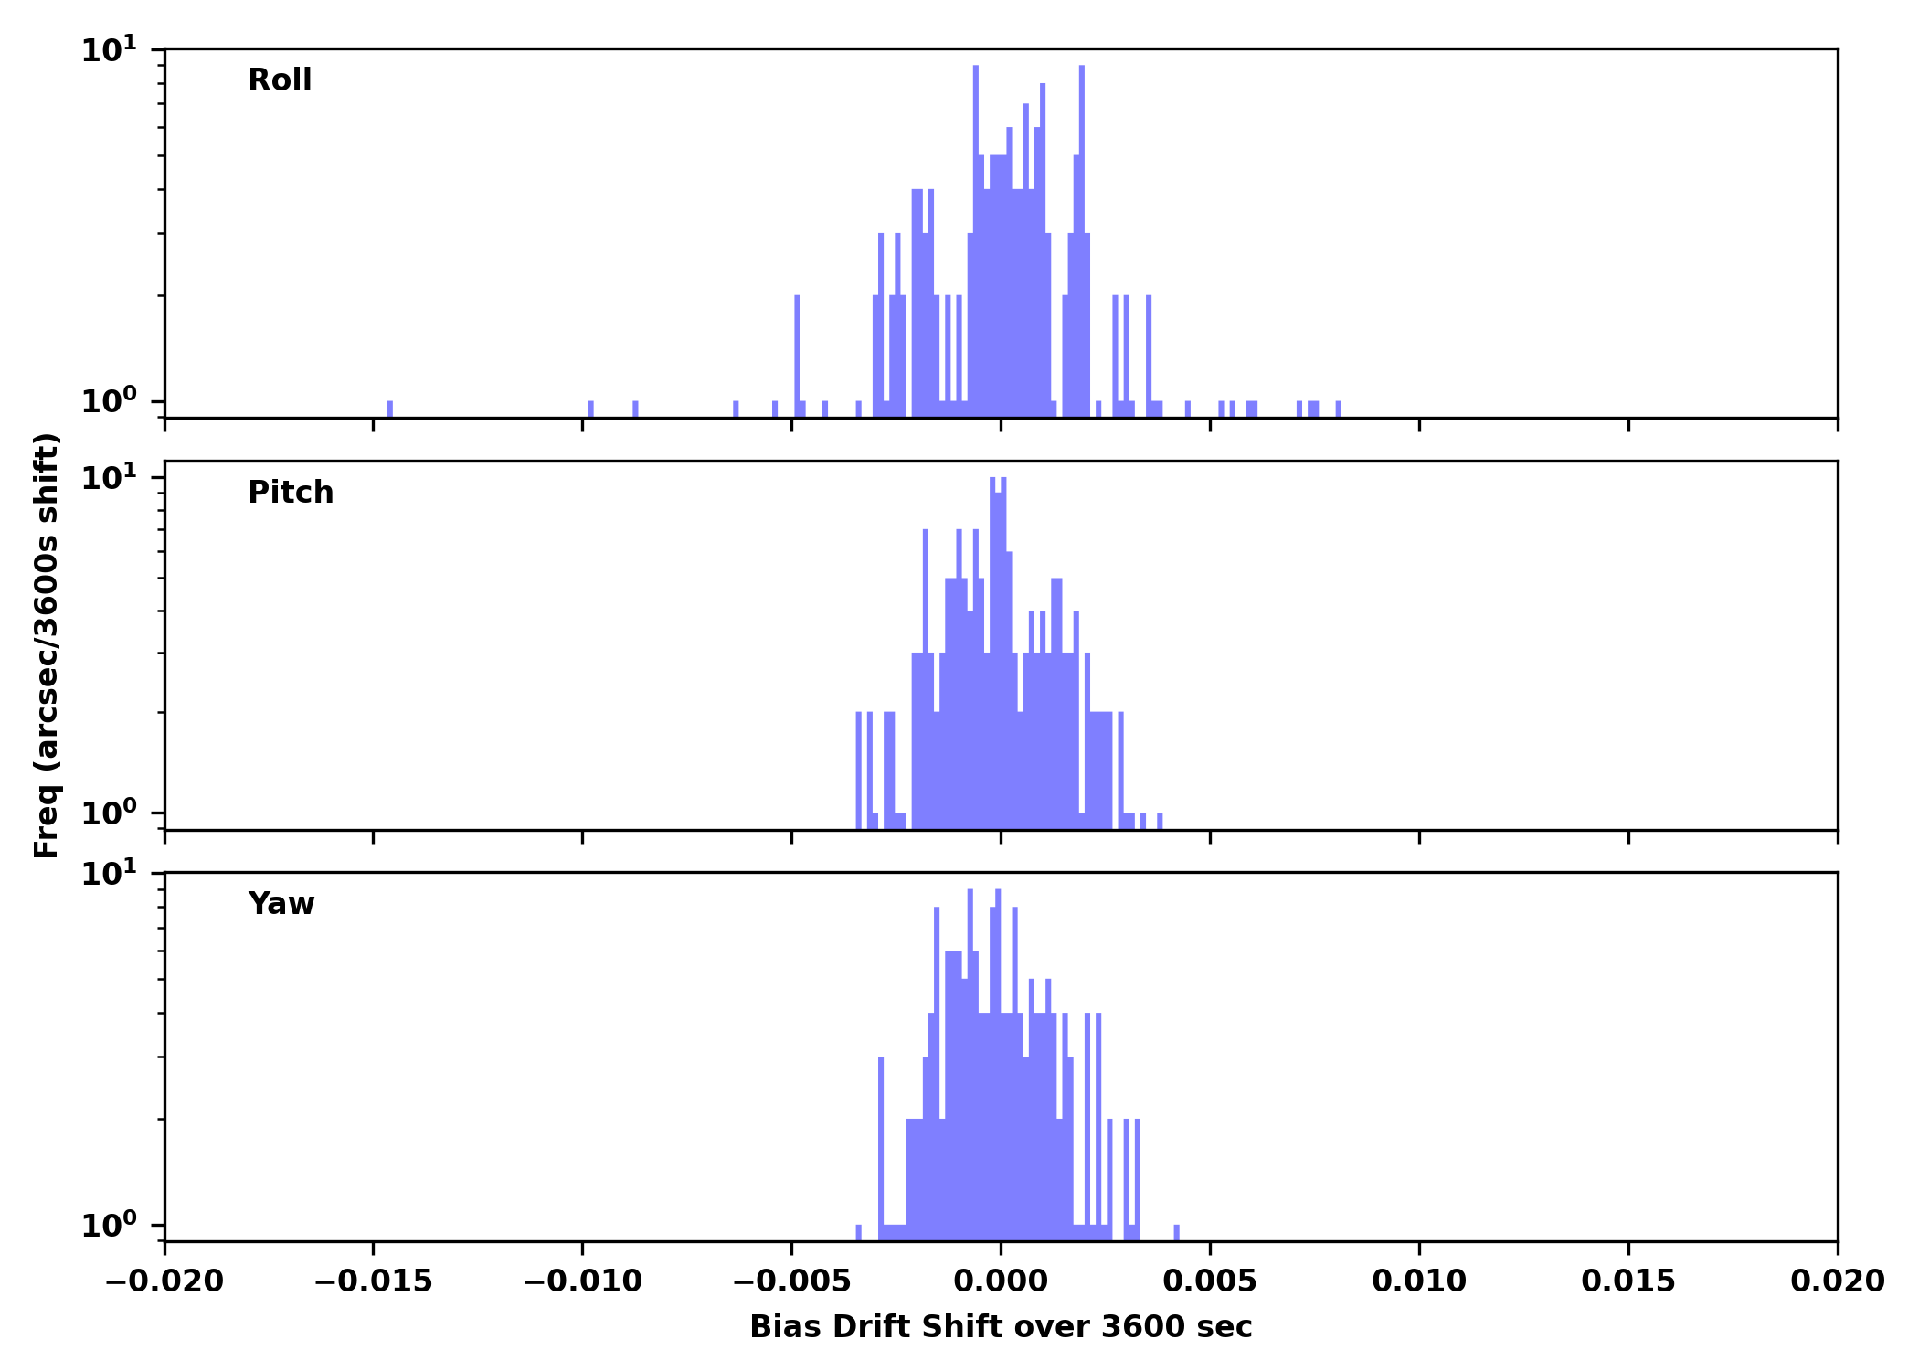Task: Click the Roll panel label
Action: coord(280,80)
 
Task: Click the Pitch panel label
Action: coord(291,493)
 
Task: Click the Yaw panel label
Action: coord(281,904)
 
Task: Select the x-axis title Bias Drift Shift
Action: coord(1001,1327)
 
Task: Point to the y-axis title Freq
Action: coord(47,645)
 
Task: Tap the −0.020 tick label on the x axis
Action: coord(164,1281)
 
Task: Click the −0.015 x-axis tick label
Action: coord(373,1281)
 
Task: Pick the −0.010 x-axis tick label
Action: coord(582,1281)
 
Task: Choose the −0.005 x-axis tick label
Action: coord(791,1281)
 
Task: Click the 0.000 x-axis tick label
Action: coord(1001,1281)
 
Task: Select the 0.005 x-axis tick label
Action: coord(1210,1281)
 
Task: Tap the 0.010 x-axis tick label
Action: coord(1419,1281)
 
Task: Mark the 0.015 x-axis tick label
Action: coord(1628,1281)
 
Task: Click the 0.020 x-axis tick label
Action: coord(1837,1281)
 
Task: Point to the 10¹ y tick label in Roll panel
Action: coord(109,50)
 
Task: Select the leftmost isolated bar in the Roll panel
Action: coord(390,409)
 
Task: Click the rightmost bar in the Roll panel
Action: coord(1339,409)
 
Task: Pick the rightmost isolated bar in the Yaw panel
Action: coord(1176,1232)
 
